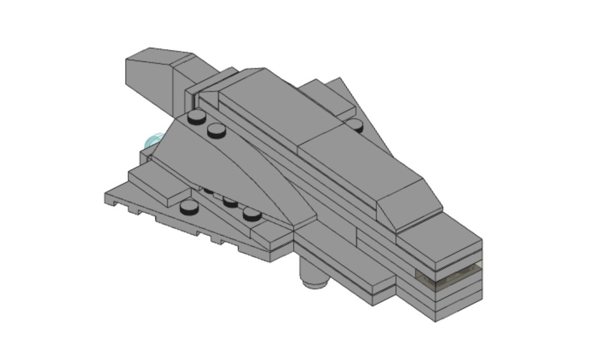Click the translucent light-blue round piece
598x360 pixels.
153,142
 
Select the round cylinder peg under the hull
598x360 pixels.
313,276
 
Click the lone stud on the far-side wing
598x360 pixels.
355,124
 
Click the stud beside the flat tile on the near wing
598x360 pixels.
189,207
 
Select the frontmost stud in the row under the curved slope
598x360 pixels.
252,213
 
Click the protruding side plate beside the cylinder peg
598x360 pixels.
383,290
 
